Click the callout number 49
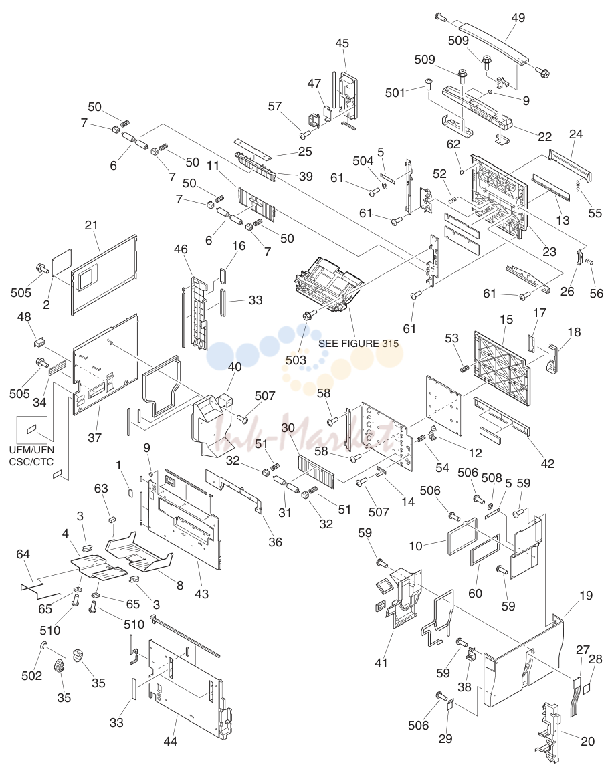(518, 18)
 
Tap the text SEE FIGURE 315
(359, 344)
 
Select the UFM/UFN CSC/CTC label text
(31, 456)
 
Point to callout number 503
(296, 360)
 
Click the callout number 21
(91, 225)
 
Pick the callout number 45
(342, 43)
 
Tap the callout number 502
(31, 675)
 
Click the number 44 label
(170, 741)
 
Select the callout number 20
(587, 741)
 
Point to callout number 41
(381, 663)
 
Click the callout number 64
(23, 554)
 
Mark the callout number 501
(395, 92)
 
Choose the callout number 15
(506, 320)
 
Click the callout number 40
(235, 366)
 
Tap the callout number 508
(492, 478)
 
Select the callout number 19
(586, 596)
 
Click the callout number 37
(94, 437)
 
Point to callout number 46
(181, 249)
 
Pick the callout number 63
(101, 489)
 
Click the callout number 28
(595, 659)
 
